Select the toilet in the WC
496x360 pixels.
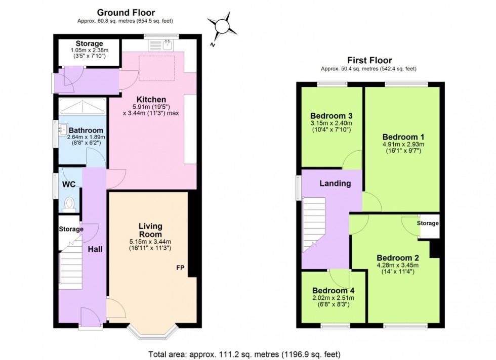coord(69,203)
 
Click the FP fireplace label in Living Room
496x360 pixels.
coord(180,267)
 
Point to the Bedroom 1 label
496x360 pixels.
coord(403,137)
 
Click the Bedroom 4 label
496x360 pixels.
coord(333,291)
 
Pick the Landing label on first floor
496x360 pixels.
coord(335,184)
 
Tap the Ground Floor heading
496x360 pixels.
coord(126,12)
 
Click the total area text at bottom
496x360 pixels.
coord(247,353)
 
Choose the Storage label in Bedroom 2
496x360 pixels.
coord(428,223)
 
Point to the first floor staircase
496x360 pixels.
coord(314,225)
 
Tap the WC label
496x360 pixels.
coord(69,185)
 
